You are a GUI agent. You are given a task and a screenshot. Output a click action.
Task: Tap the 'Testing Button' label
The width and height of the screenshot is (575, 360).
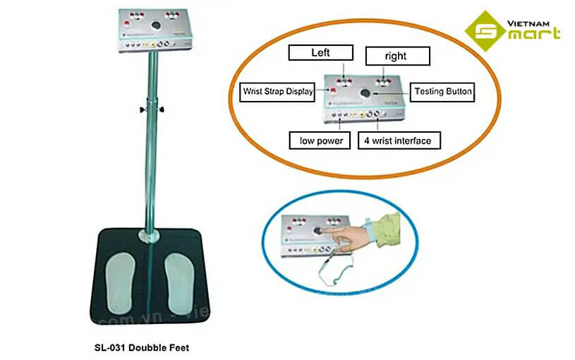(x=443, y=91)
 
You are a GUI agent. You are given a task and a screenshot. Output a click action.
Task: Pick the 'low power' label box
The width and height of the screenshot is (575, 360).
(x=320, y=140)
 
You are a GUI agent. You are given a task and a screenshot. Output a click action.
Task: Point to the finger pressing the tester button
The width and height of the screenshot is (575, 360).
(x=338, y=235)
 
